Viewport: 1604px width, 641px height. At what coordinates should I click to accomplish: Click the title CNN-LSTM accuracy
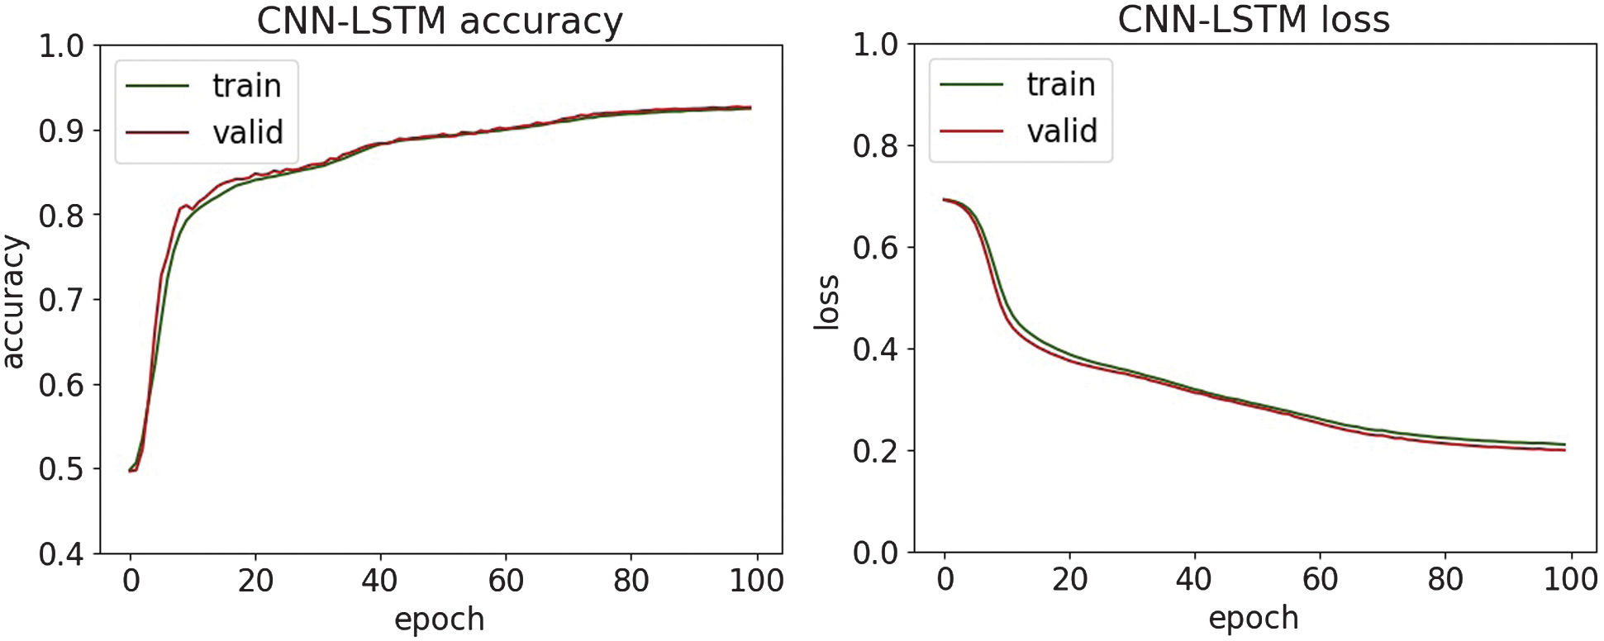[440, 21]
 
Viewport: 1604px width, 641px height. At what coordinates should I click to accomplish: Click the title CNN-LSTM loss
[1253, 20]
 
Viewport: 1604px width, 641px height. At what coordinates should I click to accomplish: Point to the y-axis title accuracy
[15, 301]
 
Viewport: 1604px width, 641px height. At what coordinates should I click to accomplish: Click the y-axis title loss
[827, 302]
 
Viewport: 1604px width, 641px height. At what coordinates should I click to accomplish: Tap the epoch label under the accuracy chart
[439, 620]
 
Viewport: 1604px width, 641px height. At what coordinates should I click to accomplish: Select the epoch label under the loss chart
[1253, 618]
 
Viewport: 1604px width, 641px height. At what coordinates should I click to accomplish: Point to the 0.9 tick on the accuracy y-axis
[61, 131]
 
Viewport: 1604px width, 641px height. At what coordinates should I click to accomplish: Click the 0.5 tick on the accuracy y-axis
[61, 469]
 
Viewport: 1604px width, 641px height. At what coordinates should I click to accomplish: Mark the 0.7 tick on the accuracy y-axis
[61, 300]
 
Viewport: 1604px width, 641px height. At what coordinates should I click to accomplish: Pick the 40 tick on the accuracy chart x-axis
[380, 581]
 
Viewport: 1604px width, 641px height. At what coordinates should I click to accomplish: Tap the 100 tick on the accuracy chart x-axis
[756, 581]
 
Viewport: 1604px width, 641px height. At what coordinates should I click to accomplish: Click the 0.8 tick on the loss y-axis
[875, 146]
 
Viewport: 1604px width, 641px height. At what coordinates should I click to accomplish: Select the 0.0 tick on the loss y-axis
[875, 553]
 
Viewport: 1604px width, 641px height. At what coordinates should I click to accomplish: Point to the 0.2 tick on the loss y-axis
[875, 451]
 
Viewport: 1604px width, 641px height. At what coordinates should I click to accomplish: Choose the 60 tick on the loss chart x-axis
[1320, 580]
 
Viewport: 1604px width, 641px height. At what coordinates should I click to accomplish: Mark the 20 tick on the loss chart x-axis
[1069, 580]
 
